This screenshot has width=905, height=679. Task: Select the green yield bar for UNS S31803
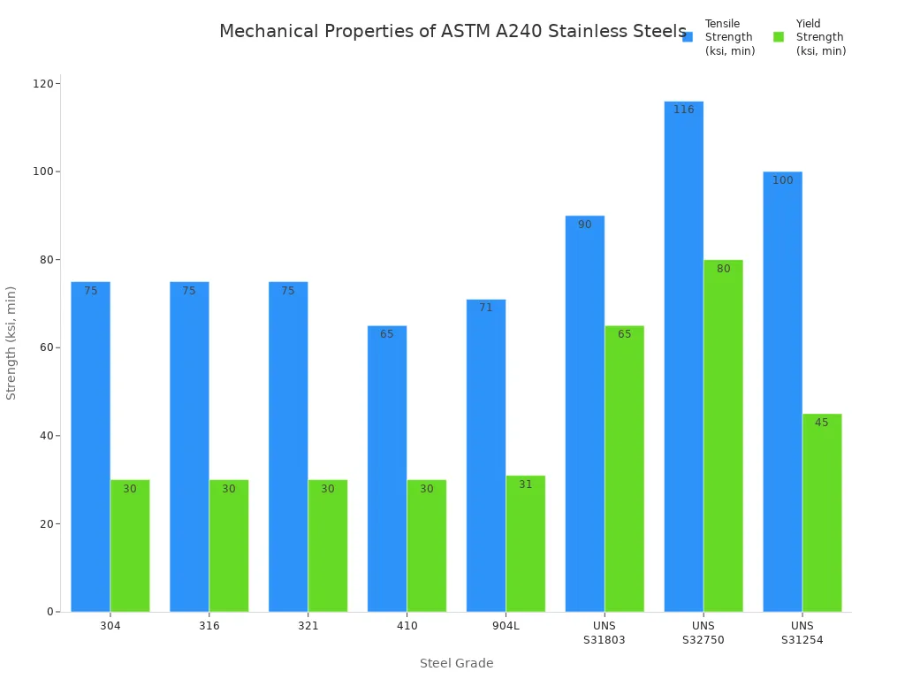(625, 469)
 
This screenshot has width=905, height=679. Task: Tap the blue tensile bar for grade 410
(387, 469)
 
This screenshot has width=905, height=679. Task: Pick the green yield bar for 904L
(526, 544)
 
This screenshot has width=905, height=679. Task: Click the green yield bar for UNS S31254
(822, 513)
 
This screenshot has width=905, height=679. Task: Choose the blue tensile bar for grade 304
(90, 446)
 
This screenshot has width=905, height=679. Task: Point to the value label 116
(684, 110)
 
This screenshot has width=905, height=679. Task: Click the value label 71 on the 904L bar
(486, 308)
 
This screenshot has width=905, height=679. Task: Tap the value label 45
(822, 423)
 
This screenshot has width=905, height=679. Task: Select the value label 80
(724, 269)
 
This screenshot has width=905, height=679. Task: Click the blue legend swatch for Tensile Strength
(688, 37)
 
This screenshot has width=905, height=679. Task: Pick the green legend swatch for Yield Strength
(779, 37)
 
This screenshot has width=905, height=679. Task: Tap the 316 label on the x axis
(209, 626)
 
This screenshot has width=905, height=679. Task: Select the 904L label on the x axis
(506, 626)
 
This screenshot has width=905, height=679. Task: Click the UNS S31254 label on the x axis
(802, 633)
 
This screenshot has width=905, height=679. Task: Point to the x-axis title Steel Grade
(456, 663)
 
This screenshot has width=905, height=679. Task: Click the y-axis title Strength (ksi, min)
(11, 343)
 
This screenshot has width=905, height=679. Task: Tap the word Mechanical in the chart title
(268, 32)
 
